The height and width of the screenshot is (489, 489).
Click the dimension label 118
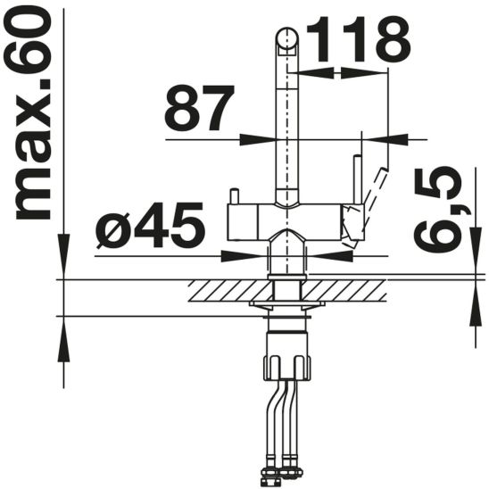[x=357, y=38]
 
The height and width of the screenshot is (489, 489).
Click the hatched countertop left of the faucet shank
[x=228, y=290]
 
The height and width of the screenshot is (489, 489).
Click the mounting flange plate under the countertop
[x=286, y=307]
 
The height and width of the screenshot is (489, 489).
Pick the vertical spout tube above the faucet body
[x=286, y=116]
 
